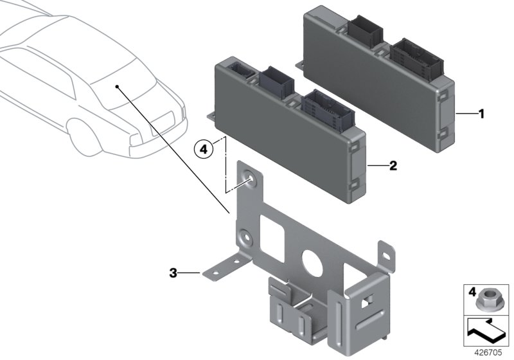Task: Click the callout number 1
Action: (481, 114)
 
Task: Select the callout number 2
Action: (393, 165)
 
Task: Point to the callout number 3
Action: (172, 273)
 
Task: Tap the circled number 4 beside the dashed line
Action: (204, 149)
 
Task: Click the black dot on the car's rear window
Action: (117, 85)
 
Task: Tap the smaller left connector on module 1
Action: (364, 28)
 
